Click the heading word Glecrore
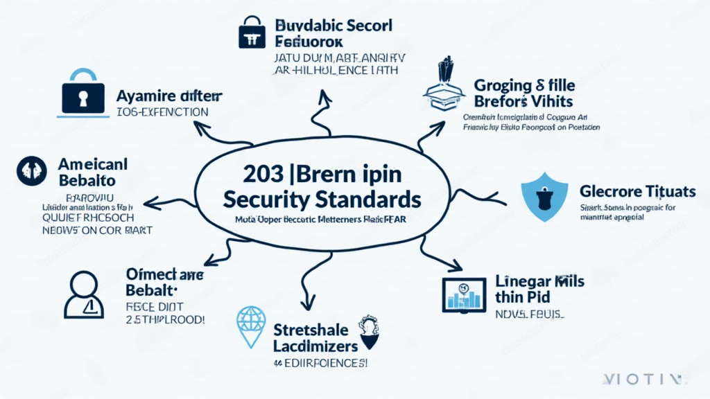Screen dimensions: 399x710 pos(607,190)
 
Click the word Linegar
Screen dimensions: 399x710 pos(522,282)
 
